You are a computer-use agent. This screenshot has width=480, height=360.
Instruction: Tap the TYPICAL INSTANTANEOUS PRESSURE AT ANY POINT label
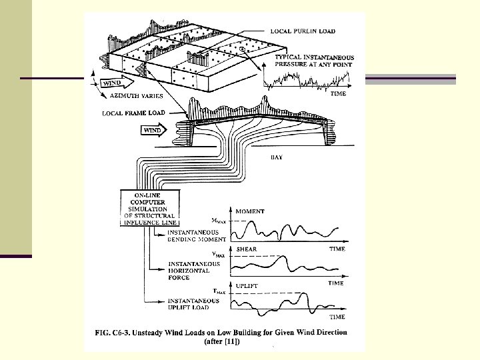314,61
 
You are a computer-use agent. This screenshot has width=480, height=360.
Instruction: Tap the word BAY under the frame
277,157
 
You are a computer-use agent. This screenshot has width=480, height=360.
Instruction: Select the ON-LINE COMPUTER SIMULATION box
149,208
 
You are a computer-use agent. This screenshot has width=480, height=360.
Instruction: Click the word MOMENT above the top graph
249,211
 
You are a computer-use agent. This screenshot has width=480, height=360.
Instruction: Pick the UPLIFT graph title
247,286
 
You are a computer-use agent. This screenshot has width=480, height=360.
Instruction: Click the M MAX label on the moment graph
218,219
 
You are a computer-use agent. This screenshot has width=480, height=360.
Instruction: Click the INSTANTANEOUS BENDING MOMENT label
197,235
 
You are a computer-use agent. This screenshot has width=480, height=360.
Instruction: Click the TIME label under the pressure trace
339,95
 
